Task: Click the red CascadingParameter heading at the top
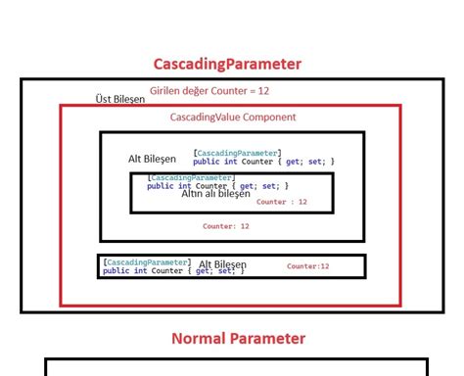click(x=227, y=65)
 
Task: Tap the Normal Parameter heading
click(x=238, y=339)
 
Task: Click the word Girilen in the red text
click(x=167, y=91)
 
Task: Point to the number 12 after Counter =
click(x=263, y=91)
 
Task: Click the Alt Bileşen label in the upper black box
click(x=152, y=159)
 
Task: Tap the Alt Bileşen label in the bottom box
click(x=222, y=265)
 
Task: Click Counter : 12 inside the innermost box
click(x=282, y=202)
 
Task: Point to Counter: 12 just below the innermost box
click(x=226, y=226)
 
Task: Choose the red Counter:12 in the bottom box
click(x=307, y=266)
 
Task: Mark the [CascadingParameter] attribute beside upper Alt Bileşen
click(x=237, y=153)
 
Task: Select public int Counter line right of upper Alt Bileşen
click(x=263, y=162)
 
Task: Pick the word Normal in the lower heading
click(x=202, y=339)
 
